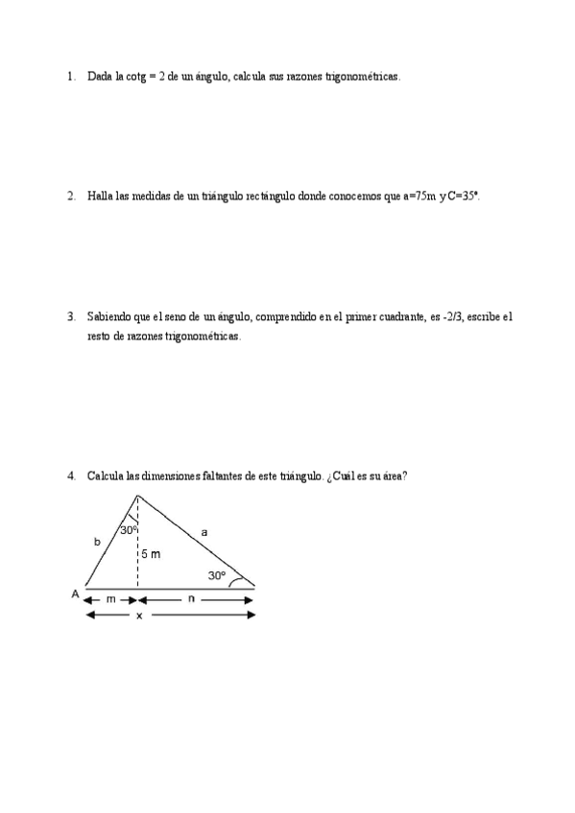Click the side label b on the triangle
96,543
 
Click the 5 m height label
150,554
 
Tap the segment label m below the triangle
110,600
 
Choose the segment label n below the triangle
192,600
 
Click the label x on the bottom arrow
138,616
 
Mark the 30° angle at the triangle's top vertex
129,529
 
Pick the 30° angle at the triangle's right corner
217,576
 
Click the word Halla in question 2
99,196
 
